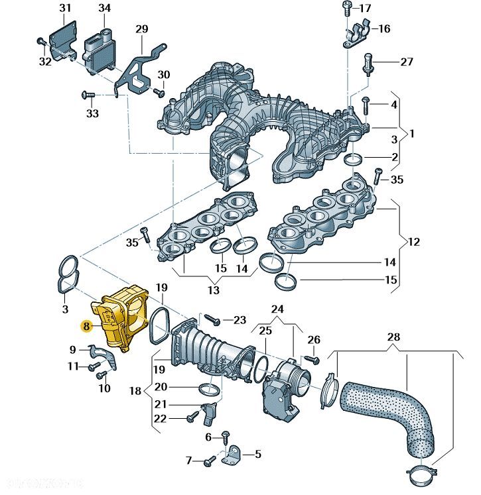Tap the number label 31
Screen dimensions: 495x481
pos(64,9)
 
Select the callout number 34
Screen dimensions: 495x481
pos(105,9)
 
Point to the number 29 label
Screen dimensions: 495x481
pos(142,28)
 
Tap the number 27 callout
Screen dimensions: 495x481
pos(406,62)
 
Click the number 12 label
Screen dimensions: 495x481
pos(413,242)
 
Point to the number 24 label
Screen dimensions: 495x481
pos(277,309)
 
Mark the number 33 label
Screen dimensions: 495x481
pos(92,114)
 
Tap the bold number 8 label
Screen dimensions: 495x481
pos(86,326)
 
